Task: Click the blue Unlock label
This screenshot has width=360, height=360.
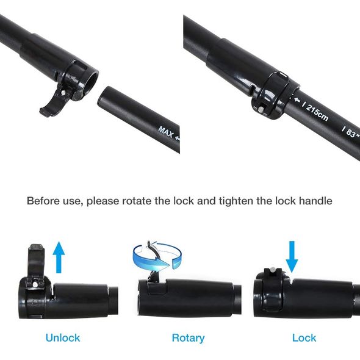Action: [63, 338]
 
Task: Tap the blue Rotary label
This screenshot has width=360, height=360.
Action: [189, 338]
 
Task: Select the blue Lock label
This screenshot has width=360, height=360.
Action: [304, 338]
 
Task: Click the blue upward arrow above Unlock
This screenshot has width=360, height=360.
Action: [59, 257]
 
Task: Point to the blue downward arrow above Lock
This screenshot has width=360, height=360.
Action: [292, 257]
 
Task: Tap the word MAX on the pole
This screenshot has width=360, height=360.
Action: [166, 132]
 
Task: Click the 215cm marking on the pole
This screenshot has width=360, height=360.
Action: [317, 112]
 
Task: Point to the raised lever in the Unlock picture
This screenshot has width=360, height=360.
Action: [36, 262]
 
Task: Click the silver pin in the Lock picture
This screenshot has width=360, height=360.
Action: [273, 270]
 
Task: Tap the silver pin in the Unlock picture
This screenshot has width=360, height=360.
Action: [35, 284]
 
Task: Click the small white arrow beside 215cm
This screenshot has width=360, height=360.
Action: [298, 100]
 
